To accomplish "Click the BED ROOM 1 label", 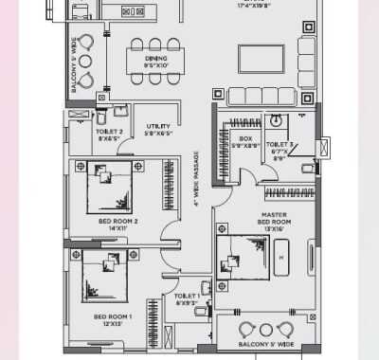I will [113, 315].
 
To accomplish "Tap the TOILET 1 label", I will [187, 296].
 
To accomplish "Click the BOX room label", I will [244, 138].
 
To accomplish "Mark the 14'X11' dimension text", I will [118, 228].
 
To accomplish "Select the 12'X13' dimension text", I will [113, 323].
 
